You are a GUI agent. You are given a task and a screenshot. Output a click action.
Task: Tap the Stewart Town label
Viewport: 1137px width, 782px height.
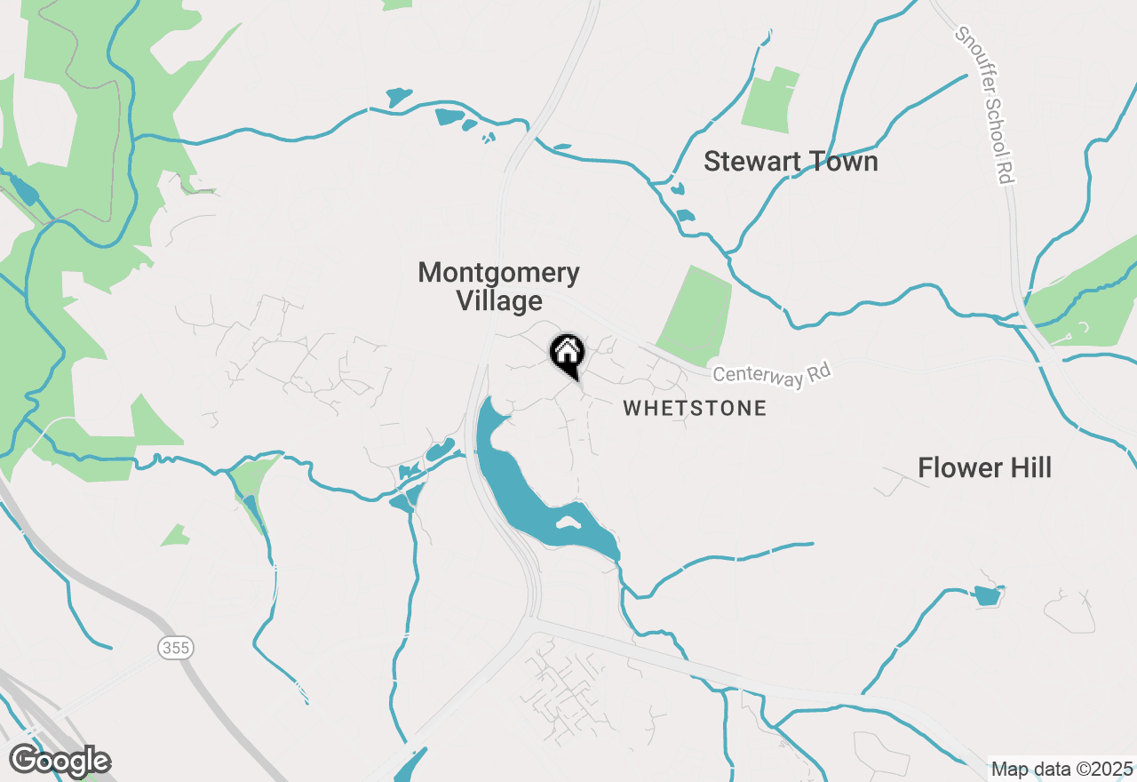coord(791,162)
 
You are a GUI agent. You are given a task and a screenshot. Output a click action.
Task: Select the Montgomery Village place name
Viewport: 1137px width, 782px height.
coord(499,286)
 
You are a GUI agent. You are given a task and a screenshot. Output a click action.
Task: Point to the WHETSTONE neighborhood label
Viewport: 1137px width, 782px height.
coord(694,409)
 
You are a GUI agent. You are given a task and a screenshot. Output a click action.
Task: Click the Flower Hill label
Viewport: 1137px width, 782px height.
coord(984,467)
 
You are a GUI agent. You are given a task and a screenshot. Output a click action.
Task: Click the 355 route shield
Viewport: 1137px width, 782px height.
coord(176,648)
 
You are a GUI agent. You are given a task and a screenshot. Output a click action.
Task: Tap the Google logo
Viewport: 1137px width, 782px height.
coord(60,761)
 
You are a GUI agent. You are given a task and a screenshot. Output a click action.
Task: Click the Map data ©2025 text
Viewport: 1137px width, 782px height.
coord(1061,769)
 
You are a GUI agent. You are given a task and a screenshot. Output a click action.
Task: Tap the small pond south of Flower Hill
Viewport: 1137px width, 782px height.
coord(986,595)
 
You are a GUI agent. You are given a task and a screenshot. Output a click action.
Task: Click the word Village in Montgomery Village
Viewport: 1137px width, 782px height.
coord(499,301)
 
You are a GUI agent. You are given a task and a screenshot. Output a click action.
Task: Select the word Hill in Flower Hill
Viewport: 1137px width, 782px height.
coord(1024,467)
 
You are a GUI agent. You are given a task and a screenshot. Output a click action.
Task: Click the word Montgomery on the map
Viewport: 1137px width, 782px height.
coord(499,272)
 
